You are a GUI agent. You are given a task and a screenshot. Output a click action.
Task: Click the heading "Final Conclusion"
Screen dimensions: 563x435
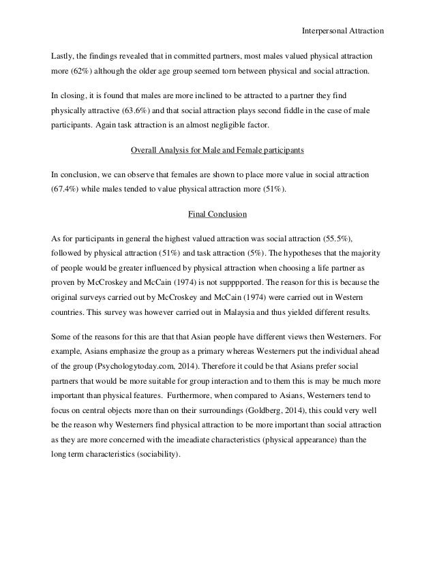click(217, 215)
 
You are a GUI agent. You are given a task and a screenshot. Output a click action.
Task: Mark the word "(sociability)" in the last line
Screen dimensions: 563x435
click(155, 455)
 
